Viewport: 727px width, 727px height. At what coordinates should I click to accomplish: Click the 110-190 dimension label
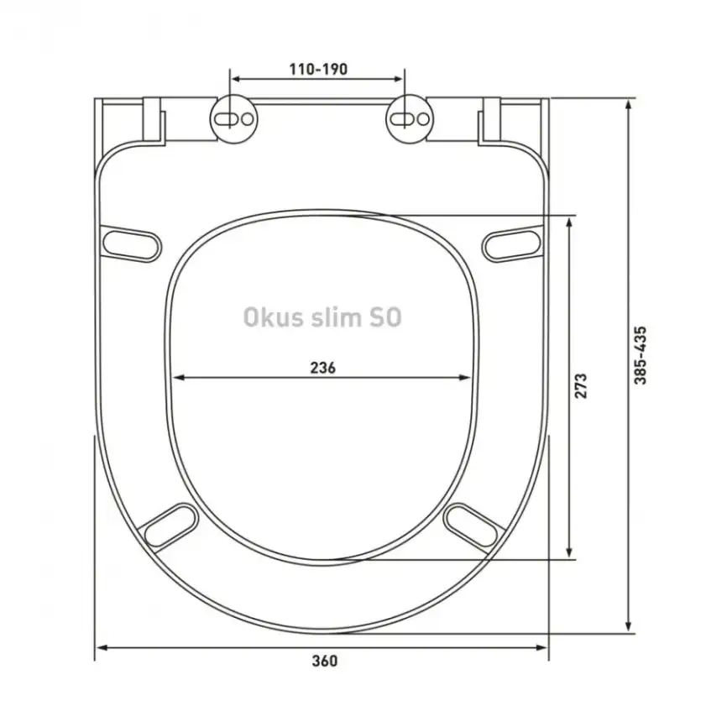pos(318,69)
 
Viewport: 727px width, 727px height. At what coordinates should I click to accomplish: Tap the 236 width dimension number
pos(323,367)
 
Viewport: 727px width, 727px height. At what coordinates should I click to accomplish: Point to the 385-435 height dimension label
pos(641,355)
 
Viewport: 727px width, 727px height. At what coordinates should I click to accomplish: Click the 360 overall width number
pos(323,661)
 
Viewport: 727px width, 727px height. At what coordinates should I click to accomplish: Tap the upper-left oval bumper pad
pos(131,243)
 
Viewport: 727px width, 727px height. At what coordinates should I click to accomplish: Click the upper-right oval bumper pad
pos(513,243)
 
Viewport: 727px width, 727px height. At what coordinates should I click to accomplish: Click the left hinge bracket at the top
pos(151,120)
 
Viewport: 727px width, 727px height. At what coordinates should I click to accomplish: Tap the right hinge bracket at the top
pos(490,120)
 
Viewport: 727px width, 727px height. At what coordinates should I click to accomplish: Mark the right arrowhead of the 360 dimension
pos(541,647)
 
